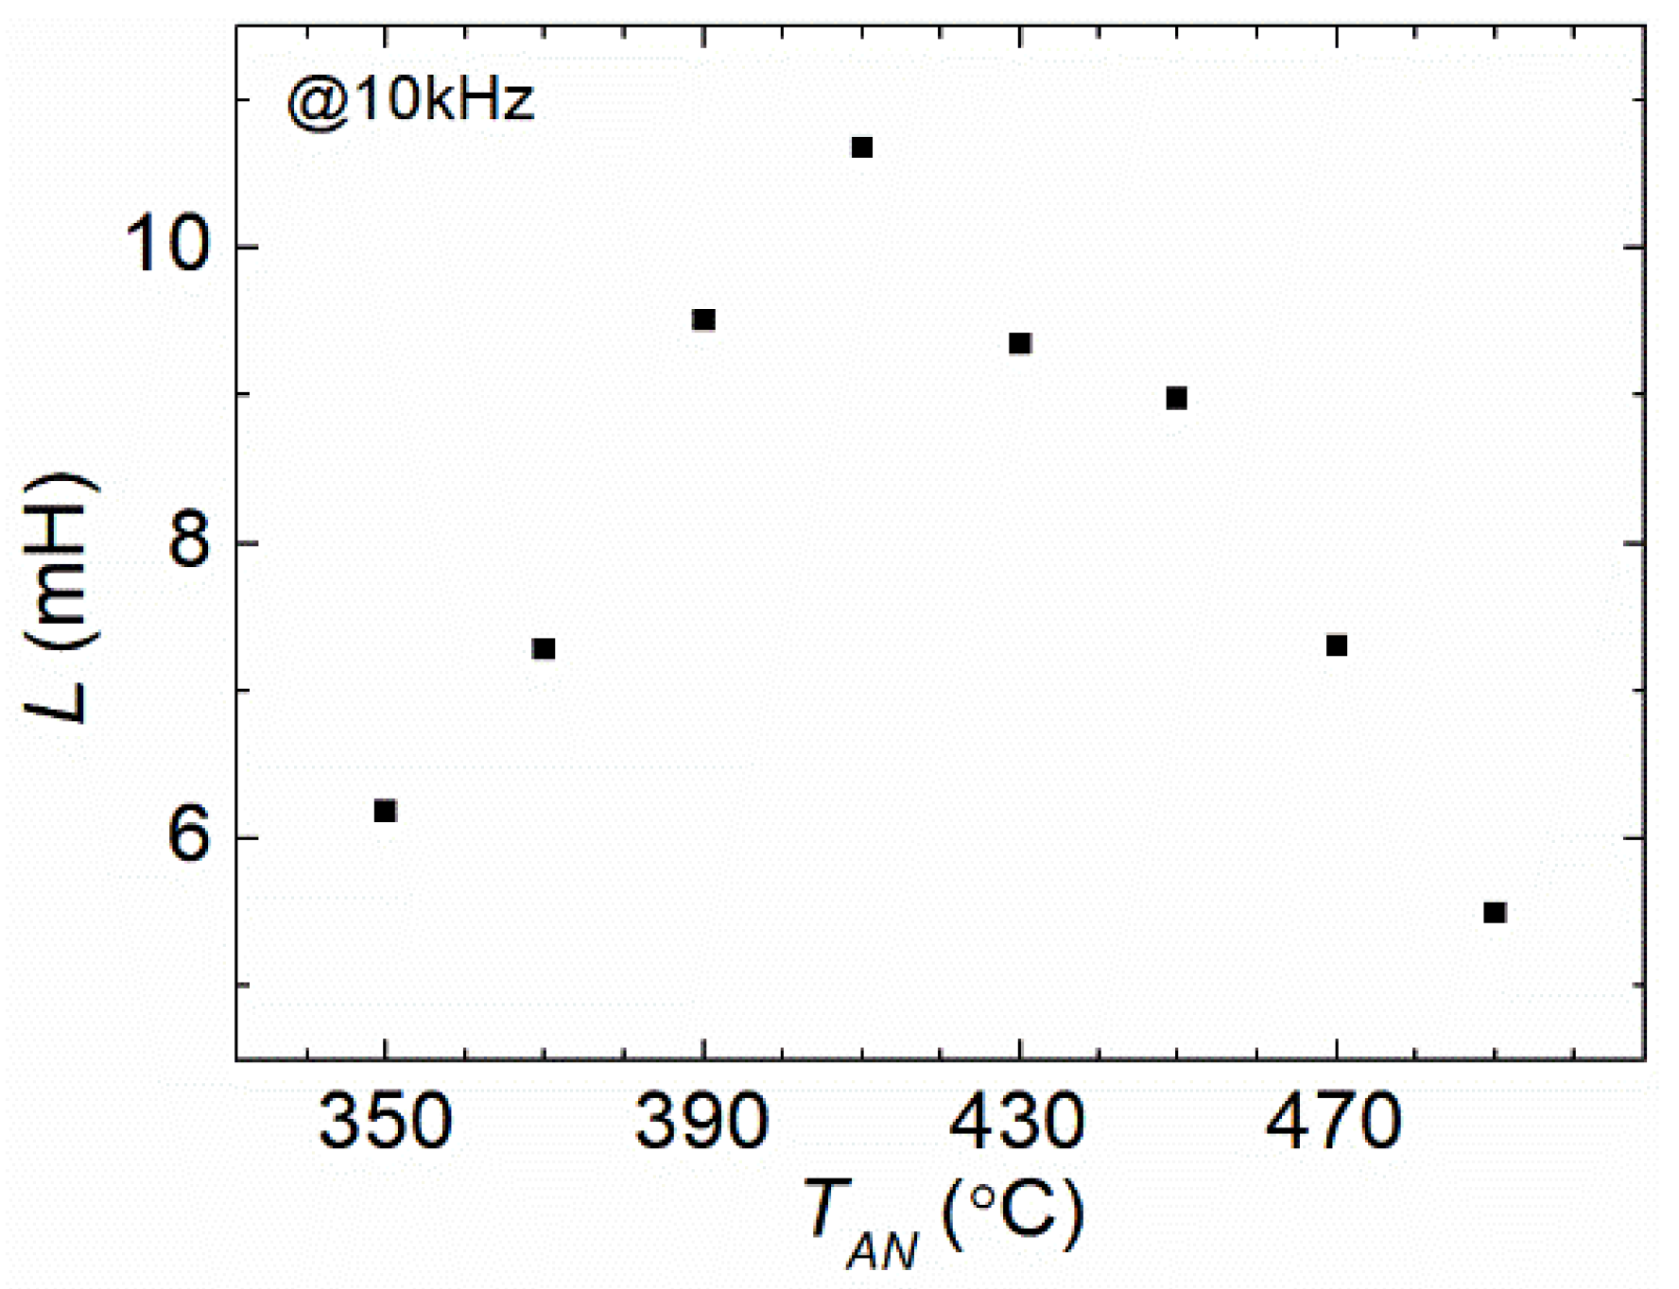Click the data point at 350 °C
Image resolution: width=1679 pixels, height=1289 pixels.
(385, 811)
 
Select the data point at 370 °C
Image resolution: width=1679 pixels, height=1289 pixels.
(544, 649)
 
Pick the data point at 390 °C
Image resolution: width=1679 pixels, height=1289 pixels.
(703, 319)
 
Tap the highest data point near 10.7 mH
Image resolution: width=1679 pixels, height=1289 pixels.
(861, 147)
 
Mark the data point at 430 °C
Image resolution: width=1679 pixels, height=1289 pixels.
(1019, 343)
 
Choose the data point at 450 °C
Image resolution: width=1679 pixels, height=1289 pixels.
(1176, 398)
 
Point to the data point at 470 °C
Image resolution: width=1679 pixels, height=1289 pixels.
(1336, 645)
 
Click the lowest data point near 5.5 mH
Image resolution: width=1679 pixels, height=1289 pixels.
(1495, 912)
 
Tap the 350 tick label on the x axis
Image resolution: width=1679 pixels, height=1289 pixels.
(385, 1122)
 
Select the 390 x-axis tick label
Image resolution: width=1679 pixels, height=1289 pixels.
(702, 1122)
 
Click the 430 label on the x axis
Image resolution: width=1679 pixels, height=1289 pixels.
(1017, 1122)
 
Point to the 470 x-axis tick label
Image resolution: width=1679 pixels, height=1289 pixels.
(1334, 1122)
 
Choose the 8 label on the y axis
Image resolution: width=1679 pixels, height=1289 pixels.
(188, 542)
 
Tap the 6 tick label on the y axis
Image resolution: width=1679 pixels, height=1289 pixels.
(188, 837)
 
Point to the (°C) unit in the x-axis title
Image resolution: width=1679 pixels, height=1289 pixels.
(1014, 1213)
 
